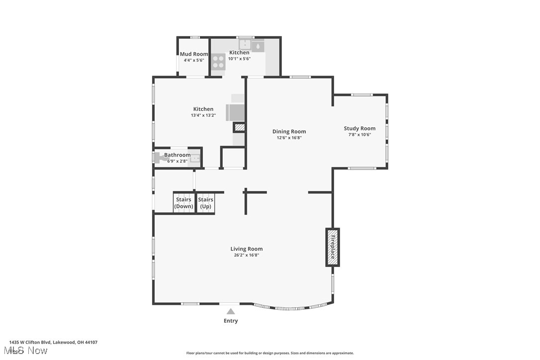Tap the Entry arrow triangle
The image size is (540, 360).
(230, 312)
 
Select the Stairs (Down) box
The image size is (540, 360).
(184, 203)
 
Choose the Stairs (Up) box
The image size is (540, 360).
(205, 203)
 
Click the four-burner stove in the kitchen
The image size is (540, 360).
(218, 62)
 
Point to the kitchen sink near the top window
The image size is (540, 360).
(245, 44)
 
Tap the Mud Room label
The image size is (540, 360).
(194, 54)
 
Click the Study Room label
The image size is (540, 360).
(360, 128)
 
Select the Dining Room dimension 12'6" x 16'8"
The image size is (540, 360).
(289, 138)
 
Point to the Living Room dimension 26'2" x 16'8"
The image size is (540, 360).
(246, 255)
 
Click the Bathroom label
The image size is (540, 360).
(177, 155)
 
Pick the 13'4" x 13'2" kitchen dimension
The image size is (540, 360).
(203, 115)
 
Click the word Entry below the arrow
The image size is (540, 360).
(231, 321)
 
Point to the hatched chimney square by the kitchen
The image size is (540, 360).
(240, 128)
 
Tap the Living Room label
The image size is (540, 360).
(246, 249)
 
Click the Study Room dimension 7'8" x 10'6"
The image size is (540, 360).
(360, 134)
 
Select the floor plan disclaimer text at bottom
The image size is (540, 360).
(270, 353)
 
